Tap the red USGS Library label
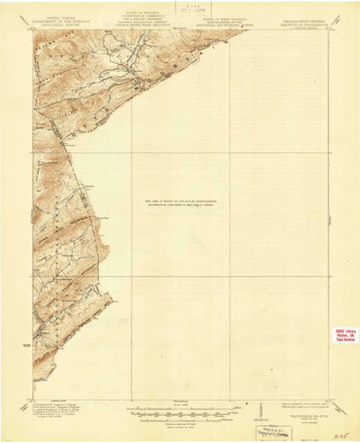coord(345,334)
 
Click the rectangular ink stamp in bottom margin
coord(272,432)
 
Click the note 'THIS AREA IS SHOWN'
coord(180,203)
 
